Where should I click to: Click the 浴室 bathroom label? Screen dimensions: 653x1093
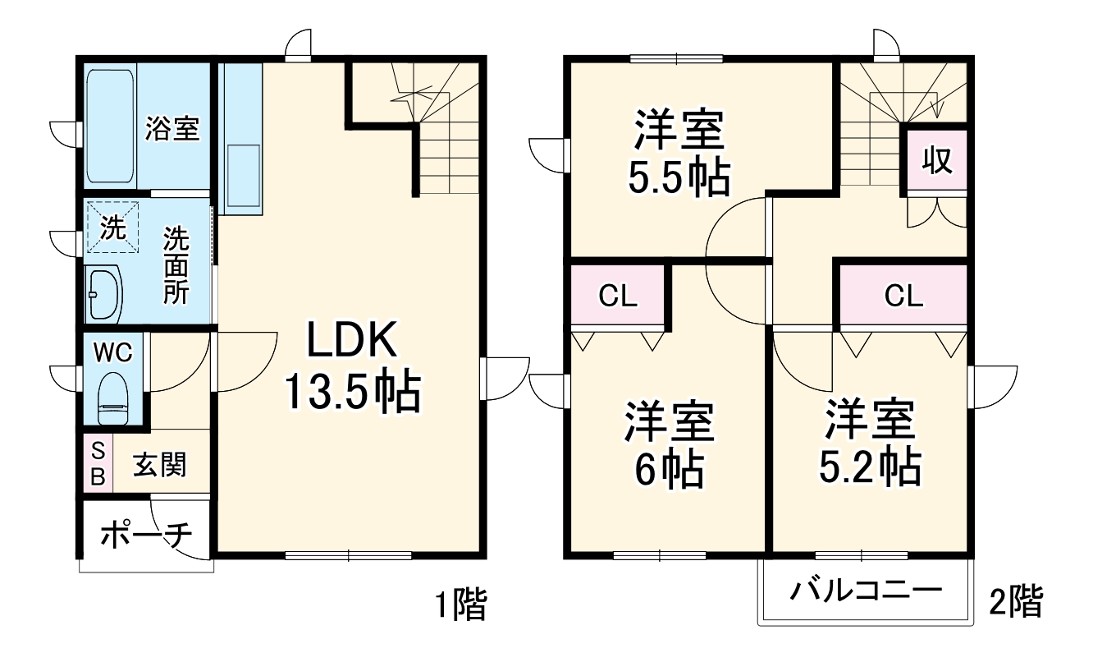coord(172,128)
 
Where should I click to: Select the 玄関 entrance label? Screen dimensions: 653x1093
coord(160,465)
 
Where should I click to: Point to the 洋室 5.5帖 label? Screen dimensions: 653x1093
coord(678,153)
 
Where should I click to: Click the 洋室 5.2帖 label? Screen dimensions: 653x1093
coord(869,444)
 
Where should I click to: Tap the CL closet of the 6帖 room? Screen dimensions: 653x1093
coord(618,296)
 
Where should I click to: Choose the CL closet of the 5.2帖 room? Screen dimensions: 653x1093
coord(903,296)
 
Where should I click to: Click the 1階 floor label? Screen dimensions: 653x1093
coord(460,606)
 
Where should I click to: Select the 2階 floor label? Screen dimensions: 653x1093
coord(1016,602)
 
